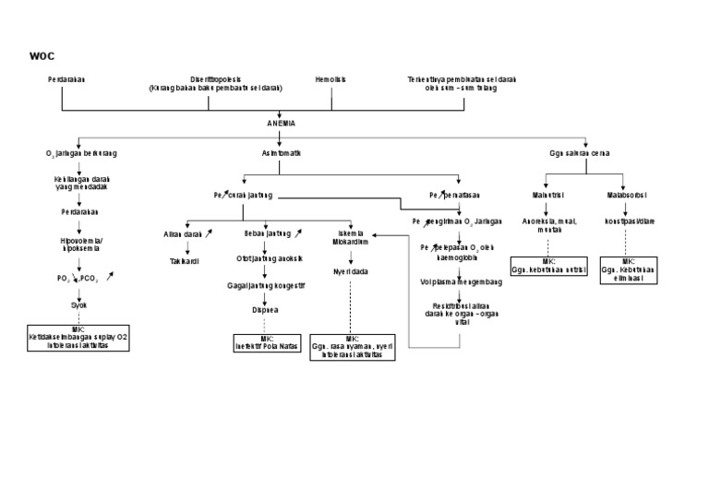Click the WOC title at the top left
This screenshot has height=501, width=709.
tap(42, 56)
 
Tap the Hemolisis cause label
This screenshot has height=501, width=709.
tap(330, 79)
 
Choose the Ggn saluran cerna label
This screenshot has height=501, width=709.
tap(579, 153)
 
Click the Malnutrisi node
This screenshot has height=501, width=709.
tap(547, 196)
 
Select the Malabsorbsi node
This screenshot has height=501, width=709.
tap(626, 196)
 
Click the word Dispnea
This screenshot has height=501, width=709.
tap(265, 310)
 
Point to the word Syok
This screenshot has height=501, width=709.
tap(79, 304)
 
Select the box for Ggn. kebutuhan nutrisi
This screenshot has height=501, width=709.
tap(548, 268)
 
